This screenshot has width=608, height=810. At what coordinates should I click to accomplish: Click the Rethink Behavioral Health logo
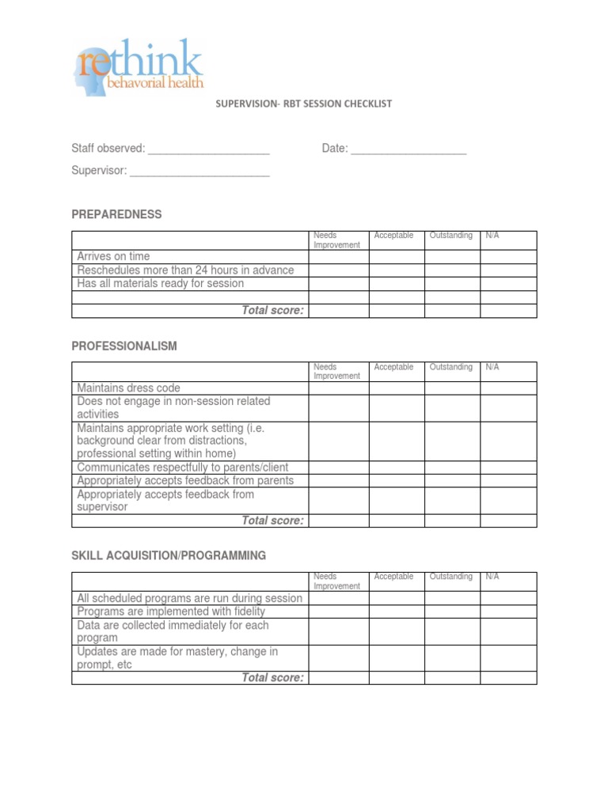(139, 66)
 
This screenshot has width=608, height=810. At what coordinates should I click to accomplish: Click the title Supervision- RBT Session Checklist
(304, 104)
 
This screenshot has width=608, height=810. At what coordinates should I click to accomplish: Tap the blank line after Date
(408, 150)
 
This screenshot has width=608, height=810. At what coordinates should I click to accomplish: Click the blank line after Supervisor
(199, 172)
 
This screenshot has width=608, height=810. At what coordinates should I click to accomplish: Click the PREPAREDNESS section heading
(116, 214)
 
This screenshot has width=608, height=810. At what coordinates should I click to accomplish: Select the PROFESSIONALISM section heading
(124, 346)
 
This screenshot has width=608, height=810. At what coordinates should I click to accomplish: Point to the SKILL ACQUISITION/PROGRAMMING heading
(169, 556)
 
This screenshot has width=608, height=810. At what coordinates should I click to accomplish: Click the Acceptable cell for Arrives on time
(397, 257)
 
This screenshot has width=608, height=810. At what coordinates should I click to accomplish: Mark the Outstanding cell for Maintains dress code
(452, 388)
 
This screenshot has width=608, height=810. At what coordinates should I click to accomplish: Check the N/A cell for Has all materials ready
(508, 284)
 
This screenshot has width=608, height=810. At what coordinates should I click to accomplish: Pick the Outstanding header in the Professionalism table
(450, 367)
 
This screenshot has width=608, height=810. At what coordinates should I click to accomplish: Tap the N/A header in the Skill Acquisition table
(492, 577)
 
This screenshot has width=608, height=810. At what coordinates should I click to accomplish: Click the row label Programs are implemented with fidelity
(171, 611)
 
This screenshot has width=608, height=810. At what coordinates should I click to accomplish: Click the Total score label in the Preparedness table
(272, 311)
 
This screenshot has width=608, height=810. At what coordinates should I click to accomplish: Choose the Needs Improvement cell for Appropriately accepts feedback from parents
(339, 481)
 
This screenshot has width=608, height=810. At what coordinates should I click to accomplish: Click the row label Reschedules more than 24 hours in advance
(185, 271)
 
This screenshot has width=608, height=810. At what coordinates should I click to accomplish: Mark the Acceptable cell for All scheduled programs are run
(397, 598)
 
